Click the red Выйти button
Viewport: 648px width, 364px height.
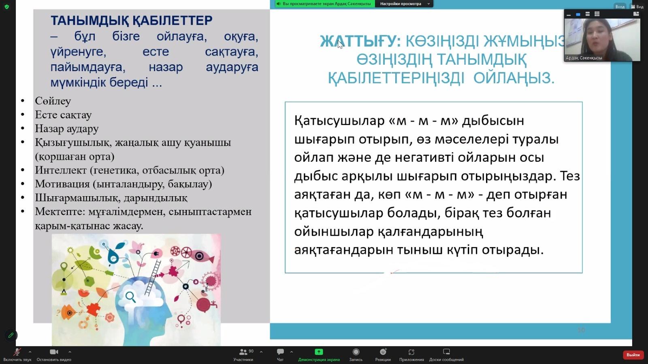coord(633,354)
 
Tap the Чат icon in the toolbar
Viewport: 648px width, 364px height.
coord(280,351)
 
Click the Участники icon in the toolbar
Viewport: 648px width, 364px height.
coord(243,352)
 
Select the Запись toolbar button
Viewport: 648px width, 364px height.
coord(356,351)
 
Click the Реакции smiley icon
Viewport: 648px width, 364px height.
coord(383,351)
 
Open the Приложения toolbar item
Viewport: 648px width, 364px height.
coord(411,352)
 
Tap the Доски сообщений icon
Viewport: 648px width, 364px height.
coord(446,351)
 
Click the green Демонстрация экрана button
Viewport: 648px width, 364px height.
coord(319,351)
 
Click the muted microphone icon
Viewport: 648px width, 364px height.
coord(17,351)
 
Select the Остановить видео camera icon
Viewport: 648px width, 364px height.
coord(54,351)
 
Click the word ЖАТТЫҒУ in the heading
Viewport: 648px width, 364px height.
coord(358,41)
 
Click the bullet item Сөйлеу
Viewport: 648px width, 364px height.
coord(53,101)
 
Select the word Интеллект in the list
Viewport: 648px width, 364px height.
coord(61,170)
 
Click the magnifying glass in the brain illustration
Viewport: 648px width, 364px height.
coord(130,297)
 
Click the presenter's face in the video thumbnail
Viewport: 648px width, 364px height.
coord(596,36)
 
